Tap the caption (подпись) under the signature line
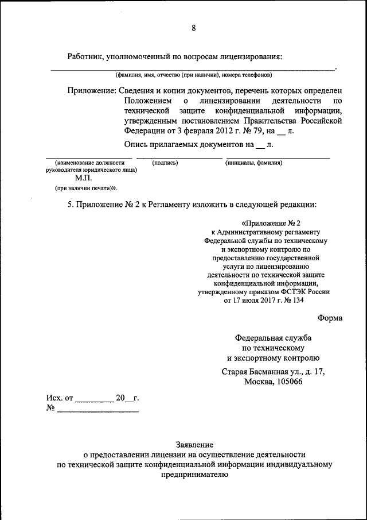165,163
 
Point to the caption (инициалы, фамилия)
253,163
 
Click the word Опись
135,144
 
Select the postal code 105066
288,382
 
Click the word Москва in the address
259,382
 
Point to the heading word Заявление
194,445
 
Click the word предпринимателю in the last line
194,475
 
